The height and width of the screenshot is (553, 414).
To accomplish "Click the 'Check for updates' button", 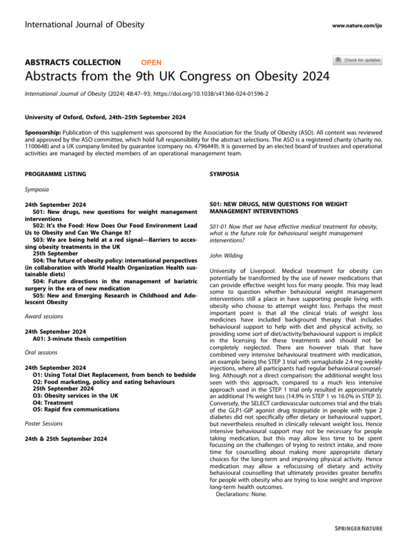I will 357,60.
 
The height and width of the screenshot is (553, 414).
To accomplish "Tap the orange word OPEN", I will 151,63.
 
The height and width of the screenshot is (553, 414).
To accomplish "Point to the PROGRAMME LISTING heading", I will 56,174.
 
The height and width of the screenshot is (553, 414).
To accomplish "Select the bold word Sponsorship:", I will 44,132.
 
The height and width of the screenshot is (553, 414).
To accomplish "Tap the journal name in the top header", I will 85,24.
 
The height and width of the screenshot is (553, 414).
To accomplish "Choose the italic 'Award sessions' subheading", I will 44,316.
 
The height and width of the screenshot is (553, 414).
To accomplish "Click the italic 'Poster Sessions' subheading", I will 44,423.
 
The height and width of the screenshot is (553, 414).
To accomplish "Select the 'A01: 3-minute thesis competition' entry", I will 79,339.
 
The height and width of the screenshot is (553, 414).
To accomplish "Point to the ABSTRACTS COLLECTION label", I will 73,63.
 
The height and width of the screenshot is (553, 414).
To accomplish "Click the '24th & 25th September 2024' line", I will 66,439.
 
